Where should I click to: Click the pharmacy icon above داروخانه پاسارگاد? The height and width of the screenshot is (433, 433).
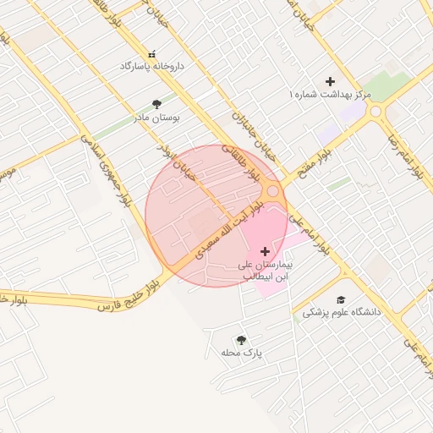pos(152,52)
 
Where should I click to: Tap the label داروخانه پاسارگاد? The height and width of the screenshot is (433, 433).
pos(152,65)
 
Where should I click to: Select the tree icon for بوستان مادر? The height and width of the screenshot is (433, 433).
pos(156,104)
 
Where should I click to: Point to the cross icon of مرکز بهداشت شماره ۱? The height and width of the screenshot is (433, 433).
pos(331,81)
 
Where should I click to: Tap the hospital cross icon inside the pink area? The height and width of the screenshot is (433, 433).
pos(266,251)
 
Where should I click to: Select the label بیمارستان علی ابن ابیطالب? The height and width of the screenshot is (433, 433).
pos(266,270)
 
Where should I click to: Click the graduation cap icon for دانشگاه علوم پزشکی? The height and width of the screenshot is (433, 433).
pos(341,299)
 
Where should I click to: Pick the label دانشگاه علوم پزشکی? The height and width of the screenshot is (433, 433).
pos(343,312)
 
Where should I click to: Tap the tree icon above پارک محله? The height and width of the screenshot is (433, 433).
pos(241,340)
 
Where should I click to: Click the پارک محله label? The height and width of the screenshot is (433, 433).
pos(242,353)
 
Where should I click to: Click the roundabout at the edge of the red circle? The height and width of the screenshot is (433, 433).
pos(273,193)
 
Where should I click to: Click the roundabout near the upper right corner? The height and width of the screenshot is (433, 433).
pos(375,111)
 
